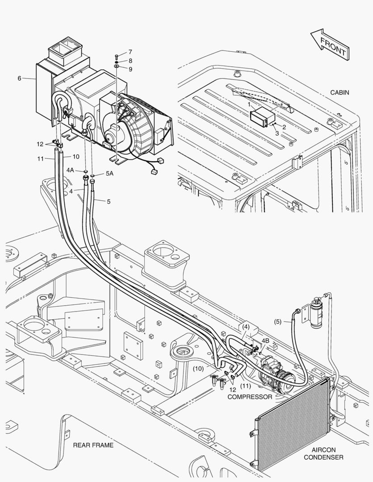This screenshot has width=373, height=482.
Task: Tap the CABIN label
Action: click(339, 93)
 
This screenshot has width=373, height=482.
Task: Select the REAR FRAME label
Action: click(93, 445)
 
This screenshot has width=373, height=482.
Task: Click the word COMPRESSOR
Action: click(250, 397)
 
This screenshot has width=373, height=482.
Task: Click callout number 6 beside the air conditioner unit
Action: click(20, 79)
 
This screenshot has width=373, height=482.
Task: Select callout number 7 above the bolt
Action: click(130, 52)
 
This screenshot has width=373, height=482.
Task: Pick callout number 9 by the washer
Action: click(130, 69)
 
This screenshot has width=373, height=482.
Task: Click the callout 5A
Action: click(109, 174)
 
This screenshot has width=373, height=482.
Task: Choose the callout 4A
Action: click(71, 170)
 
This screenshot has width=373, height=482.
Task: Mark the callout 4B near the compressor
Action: click(265, 341)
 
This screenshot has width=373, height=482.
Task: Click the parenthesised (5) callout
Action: click(277, 320)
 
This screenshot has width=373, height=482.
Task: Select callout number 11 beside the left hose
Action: click(40, 158)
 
